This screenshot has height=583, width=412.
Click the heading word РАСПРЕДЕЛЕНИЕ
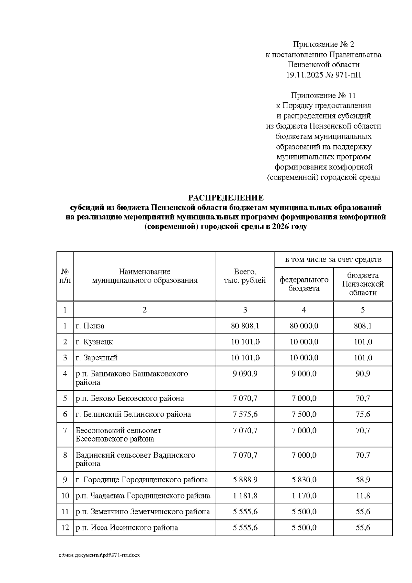pyautogui.click(x=226, y=198)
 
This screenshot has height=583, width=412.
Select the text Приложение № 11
pyautogui.click(x=323, y=95)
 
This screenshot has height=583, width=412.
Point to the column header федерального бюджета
pyautogui.click(x=304, y=284)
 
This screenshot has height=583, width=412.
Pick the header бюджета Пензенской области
pyautogui.click(x=363, y=284)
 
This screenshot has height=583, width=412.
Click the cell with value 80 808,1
pyautogui.click(x=245, y=326)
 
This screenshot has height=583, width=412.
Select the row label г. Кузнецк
pyautogui.click(x=94, y=342)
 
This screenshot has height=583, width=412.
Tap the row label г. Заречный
pyautogui.click(x=96, y=358)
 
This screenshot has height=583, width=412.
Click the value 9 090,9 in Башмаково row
pyautogui.click(x=245, y=374)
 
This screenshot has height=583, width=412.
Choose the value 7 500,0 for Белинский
pyautogui.click(x=304, y=414)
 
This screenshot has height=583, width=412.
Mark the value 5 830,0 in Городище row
pyautogui.click(x=304, y=480)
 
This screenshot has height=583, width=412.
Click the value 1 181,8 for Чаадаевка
pyautogui.click(x=245, y=496)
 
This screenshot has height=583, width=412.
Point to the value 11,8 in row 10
pyautogui.click(x=363, y=496)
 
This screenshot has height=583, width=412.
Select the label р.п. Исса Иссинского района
pyautogui.click(x=127, y=528)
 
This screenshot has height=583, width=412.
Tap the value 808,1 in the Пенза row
pyautogui.click(x=363, y=326)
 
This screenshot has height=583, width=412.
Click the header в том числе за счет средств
pyautogui.click(x=333, y=260)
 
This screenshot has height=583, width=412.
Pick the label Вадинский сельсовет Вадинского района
pyautogui.click(x=135, y=459)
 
